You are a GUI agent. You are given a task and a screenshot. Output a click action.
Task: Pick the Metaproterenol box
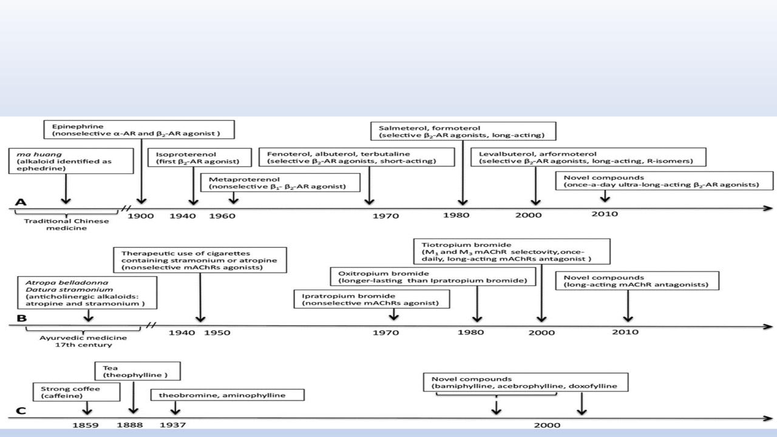[x=281, y=183]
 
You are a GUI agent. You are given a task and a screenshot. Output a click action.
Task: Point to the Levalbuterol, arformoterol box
[x=589, y=157]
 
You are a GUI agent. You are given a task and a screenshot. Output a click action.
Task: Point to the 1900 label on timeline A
[x=140, y=215]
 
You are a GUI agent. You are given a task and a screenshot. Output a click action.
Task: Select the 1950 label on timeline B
[x=217, y=333]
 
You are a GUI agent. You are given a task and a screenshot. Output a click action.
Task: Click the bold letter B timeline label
[x=21, y=317]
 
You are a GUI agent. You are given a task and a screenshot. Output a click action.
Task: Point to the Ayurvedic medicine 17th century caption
[x=84, y=341]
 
